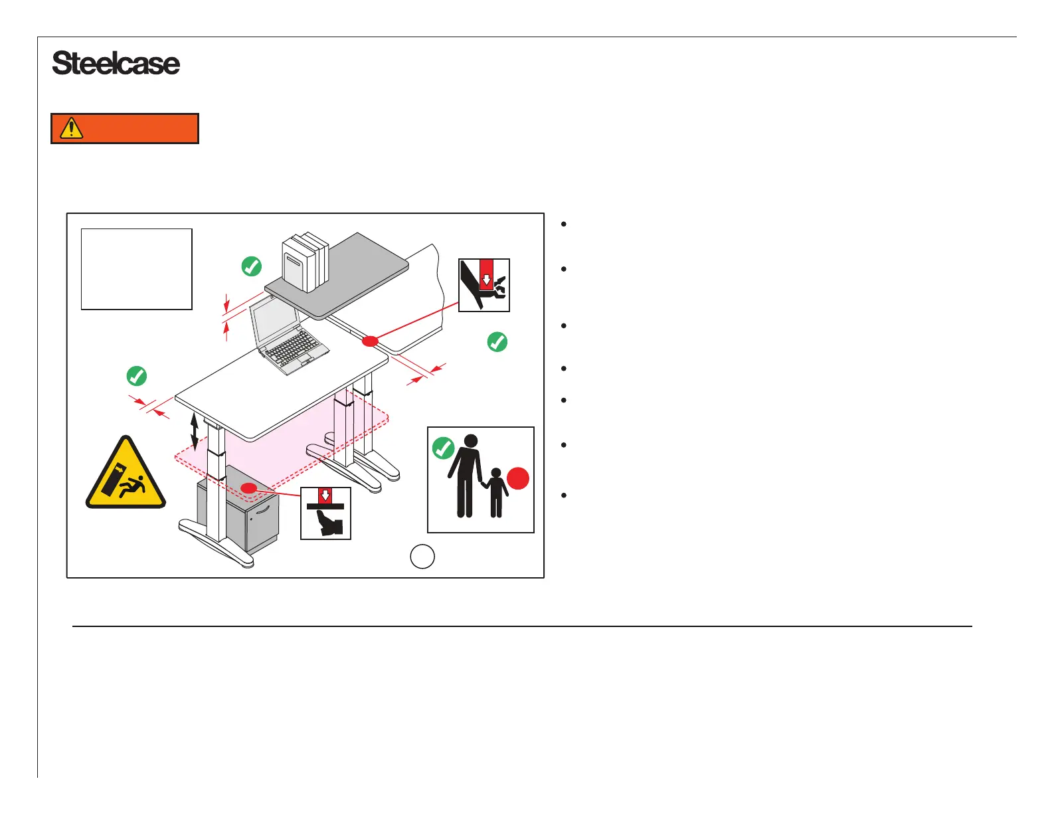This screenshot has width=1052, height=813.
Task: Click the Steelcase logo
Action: pyautogui.click(x=116, y=64)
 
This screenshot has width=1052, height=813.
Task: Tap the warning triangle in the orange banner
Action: pyautogui.click(x=71, y=128)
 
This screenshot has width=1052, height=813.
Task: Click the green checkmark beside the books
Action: pyautogui.click(x=251, y=266)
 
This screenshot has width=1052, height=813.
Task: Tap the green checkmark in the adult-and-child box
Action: pyautogui.click(x=443, y=448)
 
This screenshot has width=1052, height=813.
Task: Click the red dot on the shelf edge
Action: pyautogui.click(x=370, y=341)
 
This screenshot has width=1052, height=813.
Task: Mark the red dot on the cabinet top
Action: pyautogui.click(x=248, y=489)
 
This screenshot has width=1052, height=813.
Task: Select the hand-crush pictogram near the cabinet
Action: pyautogui.click(x=325, y=513)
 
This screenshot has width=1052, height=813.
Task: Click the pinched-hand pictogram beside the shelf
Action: pyautogui.click(x=484, y=285)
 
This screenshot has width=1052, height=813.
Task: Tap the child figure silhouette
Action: pyautogui.click(x=495, y=492)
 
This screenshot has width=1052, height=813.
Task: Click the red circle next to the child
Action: pyautogui.click(x=518, y=478)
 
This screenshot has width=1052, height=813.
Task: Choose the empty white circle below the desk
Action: pyautogui.click(x=422, y=557)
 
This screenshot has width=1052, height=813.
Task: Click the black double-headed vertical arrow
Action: pyautogui.click(x=194, y=431)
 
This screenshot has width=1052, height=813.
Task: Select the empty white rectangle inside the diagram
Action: pyautogui.click(x=137, y=269)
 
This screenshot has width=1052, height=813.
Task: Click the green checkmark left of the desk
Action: pyautogui.click(x=136, y=376)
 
